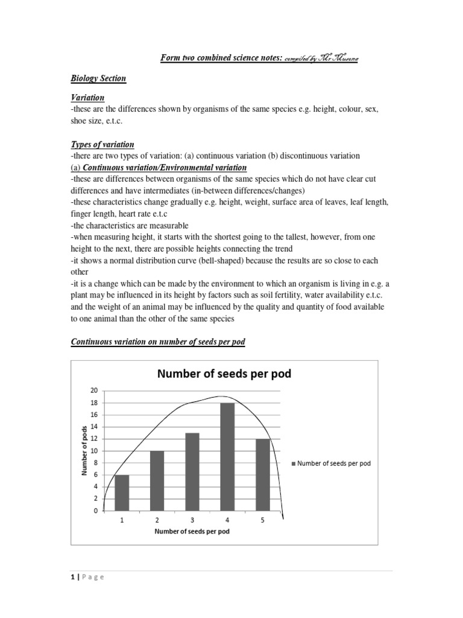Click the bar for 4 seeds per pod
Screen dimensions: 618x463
coord(227,456)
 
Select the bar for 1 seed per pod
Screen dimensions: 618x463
coord(122,492)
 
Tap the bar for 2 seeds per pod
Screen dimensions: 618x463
coord(157,480)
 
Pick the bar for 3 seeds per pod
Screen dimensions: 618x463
coord(192,471)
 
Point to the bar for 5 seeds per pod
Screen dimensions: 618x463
coord(262,474)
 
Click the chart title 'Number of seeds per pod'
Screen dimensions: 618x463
coord(224,374)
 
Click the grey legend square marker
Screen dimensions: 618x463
coord(294,463)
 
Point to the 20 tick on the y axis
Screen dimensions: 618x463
coord(93,391)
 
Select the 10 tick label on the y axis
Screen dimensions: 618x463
coord(93,451)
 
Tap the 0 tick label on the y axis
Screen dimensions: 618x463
coord(95,511)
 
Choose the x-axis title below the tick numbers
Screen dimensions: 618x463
coord(192,532)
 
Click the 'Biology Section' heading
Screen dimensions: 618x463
coord(98,78)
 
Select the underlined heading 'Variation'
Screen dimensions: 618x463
coord(87,97)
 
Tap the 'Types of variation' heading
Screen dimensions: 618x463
coord(102,145)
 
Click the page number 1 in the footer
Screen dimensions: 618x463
coord(72,577)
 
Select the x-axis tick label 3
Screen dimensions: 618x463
coord(192,520)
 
